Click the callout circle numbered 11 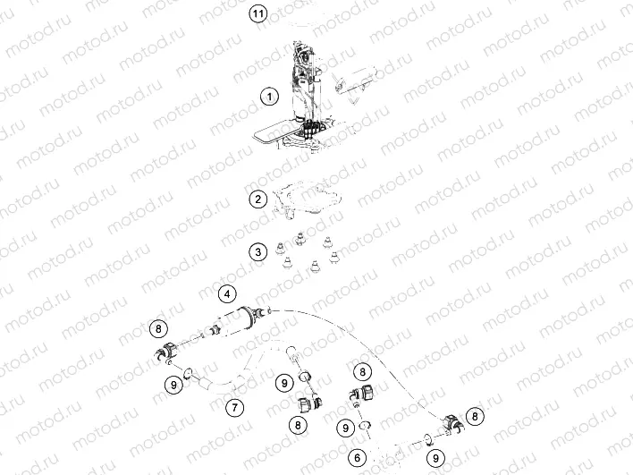[258, 14]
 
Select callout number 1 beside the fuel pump [269, 97]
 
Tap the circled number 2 [258, 199]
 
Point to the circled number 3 [258, 252]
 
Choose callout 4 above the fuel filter [227, 293]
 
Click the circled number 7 [235, 408]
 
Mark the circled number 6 [358, 458]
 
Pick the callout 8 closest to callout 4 [158, 329]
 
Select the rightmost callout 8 [475, 416]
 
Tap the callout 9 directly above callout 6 [346, 428]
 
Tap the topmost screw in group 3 [300, 239]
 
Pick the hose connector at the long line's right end [452, 423]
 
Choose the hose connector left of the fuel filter [166, 351]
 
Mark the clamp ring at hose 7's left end [189, 374]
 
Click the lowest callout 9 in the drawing [435, 458]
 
